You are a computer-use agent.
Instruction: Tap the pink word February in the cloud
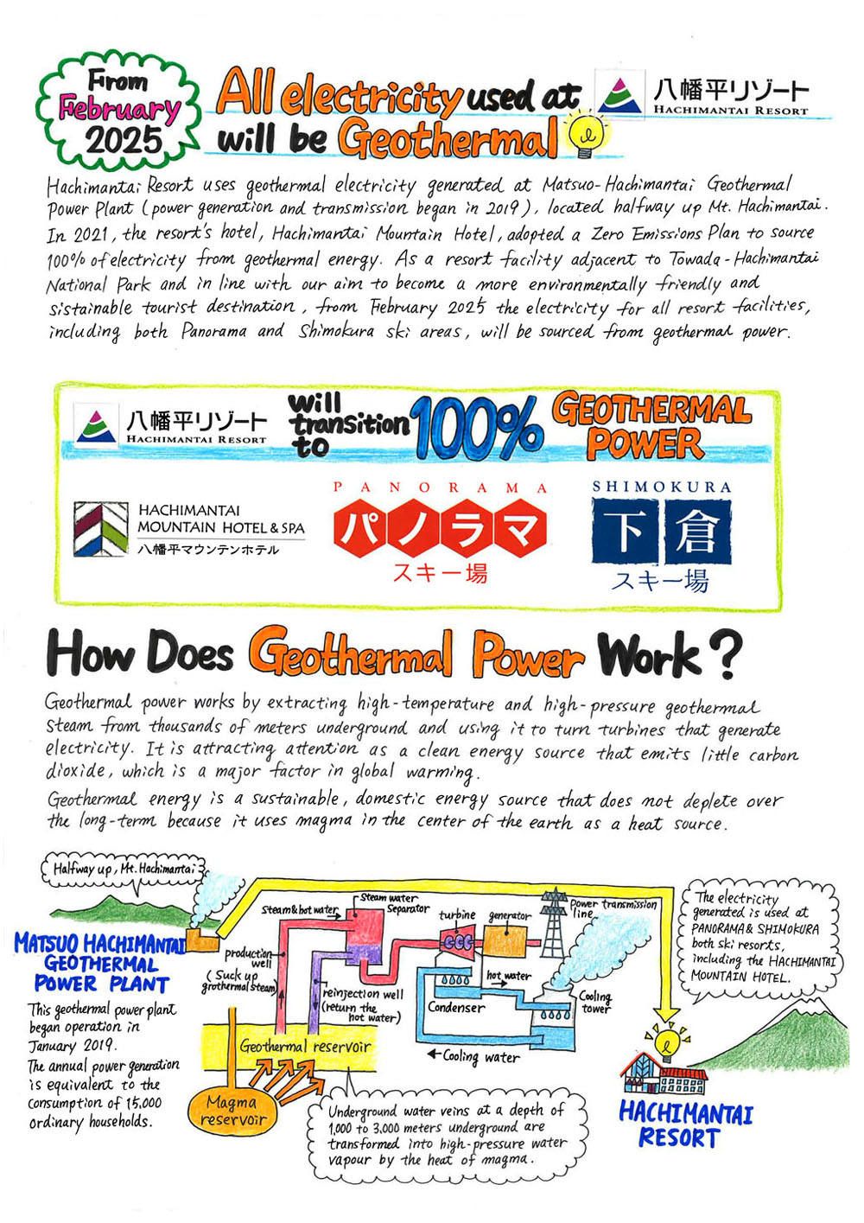[120, 110]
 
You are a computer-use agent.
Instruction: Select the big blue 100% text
[477, 427]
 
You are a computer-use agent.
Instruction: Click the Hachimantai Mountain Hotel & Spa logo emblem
[100, 528]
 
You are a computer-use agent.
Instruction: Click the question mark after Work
[728, 654]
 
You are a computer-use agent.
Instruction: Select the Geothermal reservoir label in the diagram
[305, 1047]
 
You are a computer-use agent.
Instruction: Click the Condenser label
[456, 1007]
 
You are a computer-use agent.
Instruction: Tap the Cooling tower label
[595, 1002]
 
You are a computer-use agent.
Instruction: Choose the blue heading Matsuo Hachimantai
[98, 943]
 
